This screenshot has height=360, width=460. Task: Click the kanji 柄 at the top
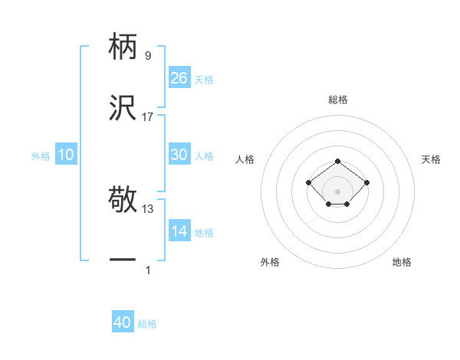point(123,47)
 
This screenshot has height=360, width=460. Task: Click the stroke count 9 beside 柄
point(147,55)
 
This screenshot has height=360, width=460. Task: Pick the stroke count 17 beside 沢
point(148,116)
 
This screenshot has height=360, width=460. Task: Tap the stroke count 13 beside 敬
point(148,208)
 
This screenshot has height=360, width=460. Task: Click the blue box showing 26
point(179,77)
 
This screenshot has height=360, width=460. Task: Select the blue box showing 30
point(179,154)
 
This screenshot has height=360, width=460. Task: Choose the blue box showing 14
point(179,231)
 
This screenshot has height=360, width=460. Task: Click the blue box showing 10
point(66,155)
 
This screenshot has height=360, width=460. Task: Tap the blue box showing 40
point(122,322)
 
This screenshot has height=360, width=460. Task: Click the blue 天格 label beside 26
point(204,79)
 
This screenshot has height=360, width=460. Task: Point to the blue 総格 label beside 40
point(147,324)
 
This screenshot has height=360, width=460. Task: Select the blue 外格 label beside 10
point(41,156)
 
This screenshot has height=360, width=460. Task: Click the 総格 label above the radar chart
point(337,100)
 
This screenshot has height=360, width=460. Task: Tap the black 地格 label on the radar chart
point(402,262)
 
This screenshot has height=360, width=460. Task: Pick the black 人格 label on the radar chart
point(245,159)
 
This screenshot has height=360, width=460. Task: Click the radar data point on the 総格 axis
point(337,161)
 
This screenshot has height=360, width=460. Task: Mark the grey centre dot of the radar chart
point(337,191)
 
